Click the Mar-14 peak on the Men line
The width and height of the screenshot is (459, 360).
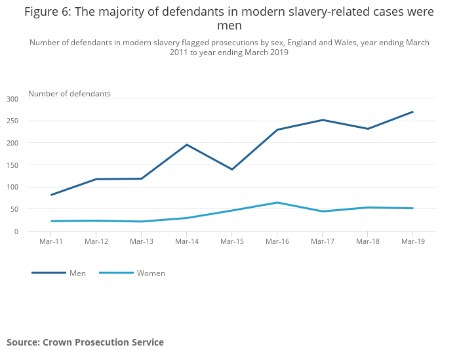point(187,144)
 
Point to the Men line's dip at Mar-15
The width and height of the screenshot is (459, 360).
point(232,169)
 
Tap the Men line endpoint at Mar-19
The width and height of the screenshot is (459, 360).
point(412,111)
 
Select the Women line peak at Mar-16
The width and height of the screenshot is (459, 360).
point(277,203)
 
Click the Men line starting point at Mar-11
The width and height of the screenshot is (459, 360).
point(51,195)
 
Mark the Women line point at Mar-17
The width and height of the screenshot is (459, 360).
point(323,211)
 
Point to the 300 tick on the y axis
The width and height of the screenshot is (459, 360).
point(12,99)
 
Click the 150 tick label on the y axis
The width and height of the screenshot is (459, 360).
point(12,165)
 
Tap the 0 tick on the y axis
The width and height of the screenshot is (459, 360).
point(16,231)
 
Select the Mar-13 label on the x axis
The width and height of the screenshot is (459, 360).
point(142,241)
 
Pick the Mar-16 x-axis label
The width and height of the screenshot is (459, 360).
point(277,241)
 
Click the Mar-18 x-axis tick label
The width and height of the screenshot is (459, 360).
point(367,241)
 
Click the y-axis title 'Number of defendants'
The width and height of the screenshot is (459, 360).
point(70,94)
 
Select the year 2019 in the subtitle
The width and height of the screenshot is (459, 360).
point(277,52)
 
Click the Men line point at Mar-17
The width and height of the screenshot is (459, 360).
point(323,120)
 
